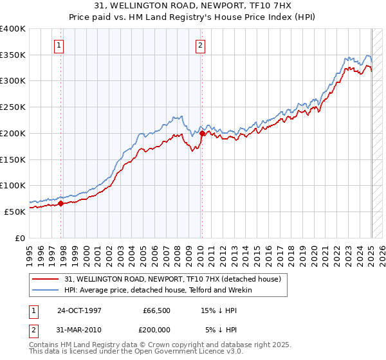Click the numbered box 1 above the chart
click(x=59, y=45)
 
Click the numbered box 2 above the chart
click(x=200, y=45)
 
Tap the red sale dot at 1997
click(x=61, y=203)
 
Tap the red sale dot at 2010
click(x=202, y=133)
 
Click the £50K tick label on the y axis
click(x=15, y=212)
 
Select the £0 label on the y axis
click(x=20, y=238)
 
